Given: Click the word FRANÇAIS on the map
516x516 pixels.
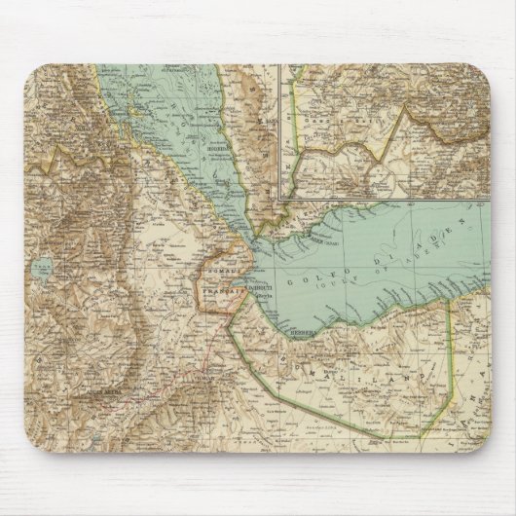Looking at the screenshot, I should [x=220, y=289].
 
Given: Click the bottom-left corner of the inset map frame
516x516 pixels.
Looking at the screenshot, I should [x=279, y=199].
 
